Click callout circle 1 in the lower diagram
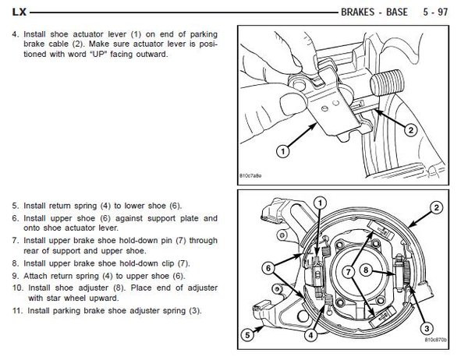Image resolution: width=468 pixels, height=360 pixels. pos(320,203)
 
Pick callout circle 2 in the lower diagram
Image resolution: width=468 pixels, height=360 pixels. pos(436,207)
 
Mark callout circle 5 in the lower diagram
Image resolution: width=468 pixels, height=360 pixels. pos(249,337)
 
